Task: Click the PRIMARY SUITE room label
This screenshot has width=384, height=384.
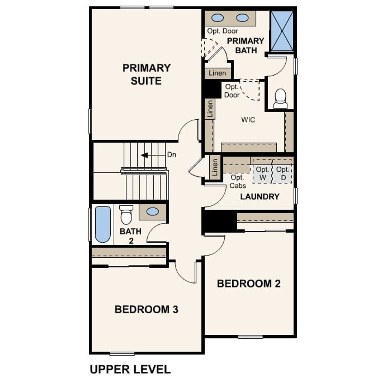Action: pos(146,74)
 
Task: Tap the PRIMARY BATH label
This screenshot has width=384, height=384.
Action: pos(245,46)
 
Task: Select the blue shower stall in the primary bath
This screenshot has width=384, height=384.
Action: pos(282,31)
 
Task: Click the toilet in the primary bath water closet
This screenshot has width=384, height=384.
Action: pos(280,98)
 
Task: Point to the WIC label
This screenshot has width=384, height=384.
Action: pos(248,120)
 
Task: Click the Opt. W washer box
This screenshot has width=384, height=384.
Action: pos(262,174)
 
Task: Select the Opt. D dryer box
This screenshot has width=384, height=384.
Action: pos(283,174)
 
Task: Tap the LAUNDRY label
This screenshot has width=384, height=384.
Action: pos(259,196)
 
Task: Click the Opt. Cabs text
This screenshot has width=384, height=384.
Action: pos(238,181)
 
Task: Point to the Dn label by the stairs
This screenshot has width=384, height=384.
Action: pos(172,155)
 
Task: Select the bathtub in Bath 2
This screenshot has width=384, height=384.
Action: pos(103,224)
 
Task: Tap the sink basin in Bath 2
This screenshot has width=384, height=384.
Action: pos(153,211)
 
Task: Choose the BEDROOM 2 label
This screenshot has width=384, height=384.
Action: pos(248,283)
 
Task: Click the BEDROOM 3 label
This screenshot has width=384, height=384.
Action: pos(146,309)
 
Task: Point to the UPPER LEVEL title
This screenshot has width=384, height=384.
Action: pos(130,369)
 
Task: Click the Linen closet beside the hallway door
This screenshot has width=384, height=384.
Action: pos(215,167)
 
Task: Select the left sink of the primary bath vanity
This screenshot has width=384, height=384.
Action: pos(217,18)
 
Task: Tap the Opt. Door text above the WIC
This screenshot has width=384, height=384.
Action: pos(232,91)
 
